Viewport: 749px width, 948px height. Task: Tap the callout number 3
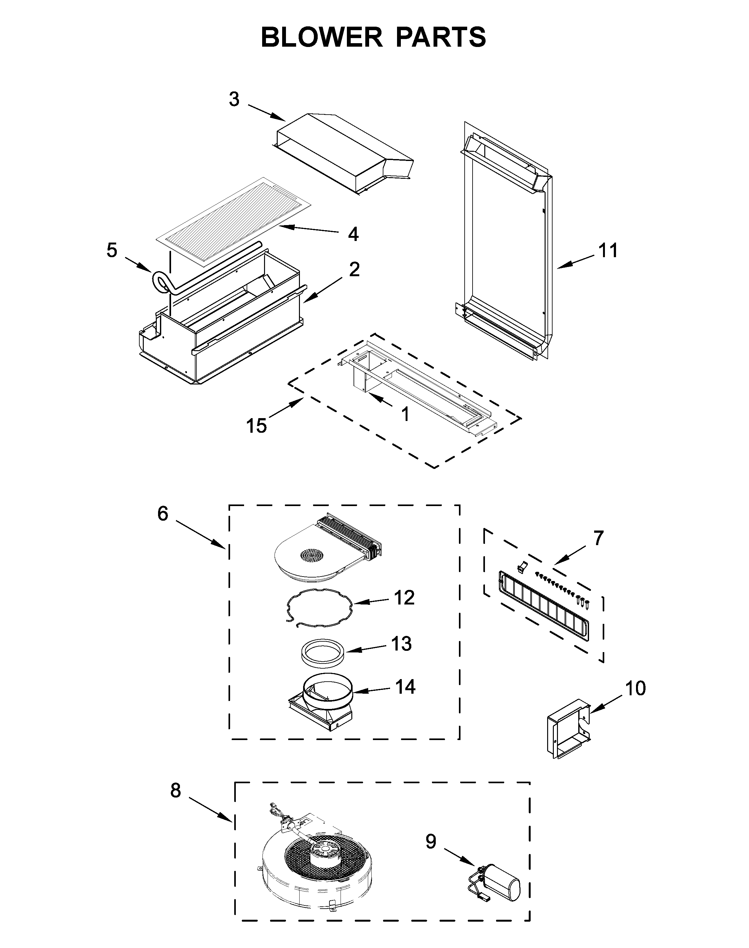(234, 100)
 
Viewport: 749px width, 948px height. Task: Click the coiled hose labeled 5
(161, 282)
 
